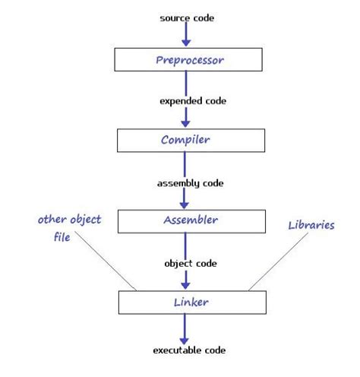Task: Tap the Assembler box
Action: pos(191,220)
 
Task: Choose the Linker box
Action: pos(191,303)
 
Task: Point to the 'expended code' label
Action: pos(191,100)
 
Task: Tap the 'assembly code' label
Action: pos(191,182)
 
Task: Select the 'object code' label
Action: pos(191,263)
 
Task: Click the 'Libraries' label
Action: pos(311,226)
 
